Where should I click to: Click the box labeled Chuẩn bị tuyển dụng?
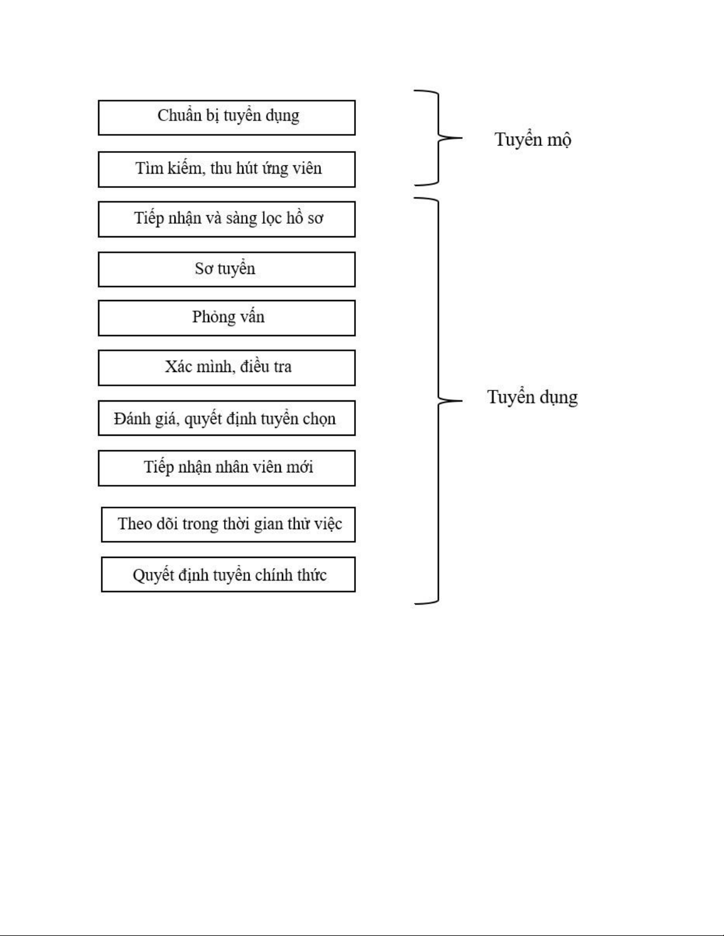click(227, 118)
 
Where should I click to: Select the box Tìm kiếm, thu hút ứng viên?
click(227, 169)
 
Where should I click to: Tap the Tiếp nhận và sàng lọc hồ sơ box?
click(227, 219)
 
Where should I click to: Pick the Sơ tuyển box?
click(227, 270)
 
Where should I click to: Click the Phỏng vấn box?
click(227, 318)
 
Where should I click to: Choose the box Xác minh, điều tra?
click(227, 368)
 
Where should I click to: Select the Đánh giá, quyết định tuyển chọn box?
click(227, 418)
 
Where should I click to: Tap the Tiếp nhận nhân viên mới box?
click(227, 468)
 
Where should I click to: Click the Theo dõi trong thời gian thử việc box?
click(228, 524)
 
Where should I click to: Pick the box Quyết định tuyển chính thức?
click(228, 575)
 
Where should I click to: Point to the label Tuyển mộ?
click(533, 140)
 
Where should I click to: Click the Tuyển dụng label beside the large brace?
click(533, 397)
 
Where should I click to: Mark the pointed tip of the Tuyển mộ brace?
click(462, 138)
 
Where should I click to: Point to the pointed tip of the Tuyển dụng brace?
click(462, 400)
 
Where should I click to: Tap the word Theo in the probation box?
click(135, 524)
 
